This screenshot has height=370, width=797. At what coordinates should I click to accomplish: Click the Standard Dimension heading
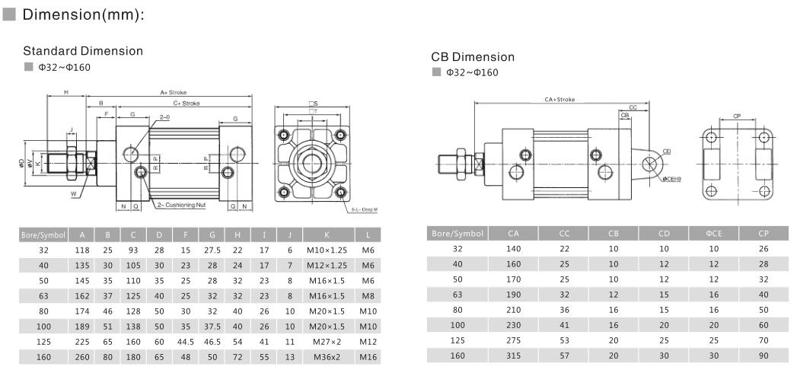(x=83, y=51)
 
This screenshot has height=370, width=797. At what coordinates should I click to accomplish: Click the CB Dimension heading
(x=472, y=57)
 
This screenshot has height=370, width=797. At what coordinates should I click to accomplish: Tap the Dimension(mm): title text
(x=84, y=15)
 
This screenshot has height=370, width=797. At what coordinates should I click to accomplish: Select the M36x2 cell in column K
(x=327, y=356)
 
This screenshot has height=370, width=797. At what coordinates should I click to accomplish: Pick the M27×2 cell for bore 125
(x=327, y=341)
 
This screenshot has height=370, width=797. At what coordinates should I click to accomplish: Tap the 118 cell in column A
(x=81, y=249)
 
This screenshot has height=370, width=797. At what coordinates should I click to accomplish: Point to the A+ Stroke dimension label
(x=173, y=92)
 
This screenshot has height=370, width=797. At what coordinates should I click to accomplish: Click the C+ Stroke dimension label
(x=186, y=102)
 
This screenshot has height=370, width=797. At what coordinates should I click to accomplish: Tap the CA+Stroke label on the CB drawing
(x=559, y=100)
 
